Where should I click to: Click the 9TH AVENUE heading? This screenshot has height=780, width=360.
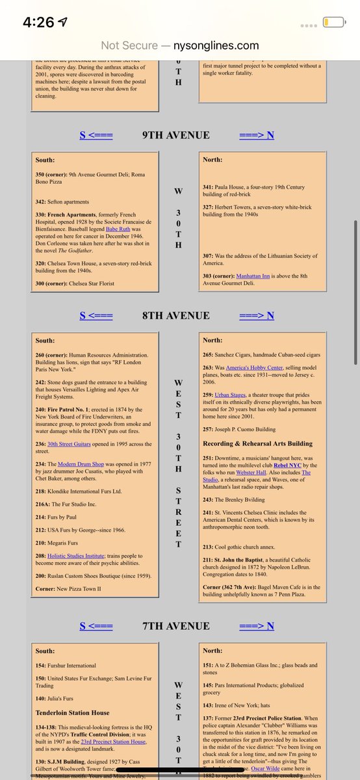coord(175,135)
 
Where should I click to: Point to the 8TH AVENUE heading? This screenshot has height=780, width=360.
coord(175,316)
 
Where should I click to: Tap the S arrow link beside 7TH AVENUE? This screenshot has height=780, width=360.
coord(96,626)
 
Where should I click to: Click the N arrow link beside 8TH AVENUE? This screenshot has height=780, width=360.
coord(257,316)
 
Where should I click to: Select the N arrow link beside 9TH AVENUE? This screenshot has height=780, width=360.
coord(257,135)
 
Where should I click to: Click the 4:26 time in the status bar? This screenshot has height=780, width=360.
coord(38,22)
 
